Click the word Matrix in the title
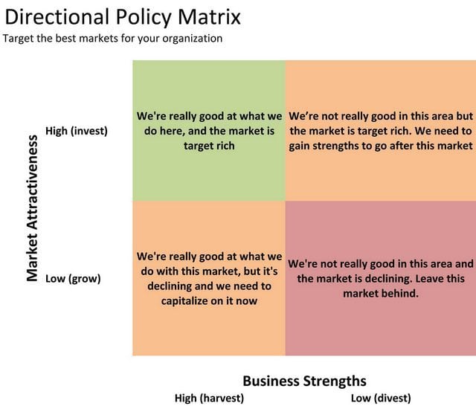[x=210, y=17]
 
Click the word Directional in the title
[x=57, y=17]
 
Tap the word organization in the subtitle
[x=192, y=39]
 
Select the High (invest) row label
[x=77, y=131]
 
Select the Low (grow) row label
[x=73, y=279]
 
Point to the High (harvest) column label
[x=209, y=398]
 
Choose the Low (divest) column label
[x=381, y=398]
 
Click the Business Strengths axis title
[x=304, y=381]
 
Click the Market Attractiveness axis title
[x=32, y=208]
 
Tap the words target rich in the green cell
[x=209, y=146]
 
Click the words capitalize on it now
[x=209, y=301]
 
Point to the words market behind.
[x=381, y=294]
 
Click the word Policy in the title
[x=144, y=18]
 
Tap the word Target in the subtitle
[x=18, y=39]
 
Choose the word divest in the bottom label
[x=392, y=398]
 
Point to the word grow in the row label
[x=85, y=279]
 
